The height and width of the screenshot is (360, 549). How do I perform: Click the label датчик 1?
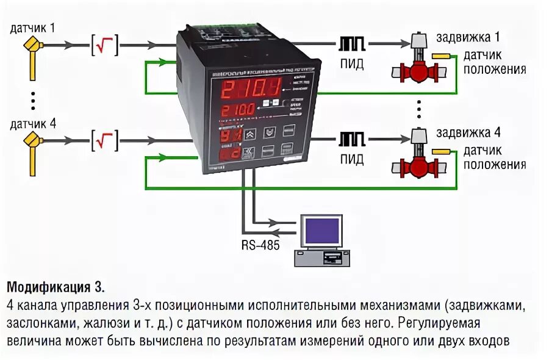33,27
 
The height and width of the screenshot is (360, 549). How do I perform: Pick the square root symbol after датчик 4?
104,140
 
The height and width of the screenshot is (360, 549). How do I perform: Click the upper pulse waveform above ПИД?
352,44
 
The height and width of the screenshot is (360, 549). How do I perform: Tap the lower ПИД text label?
351,160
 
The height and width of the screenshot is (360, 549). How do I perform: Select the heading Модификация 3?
56,286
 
